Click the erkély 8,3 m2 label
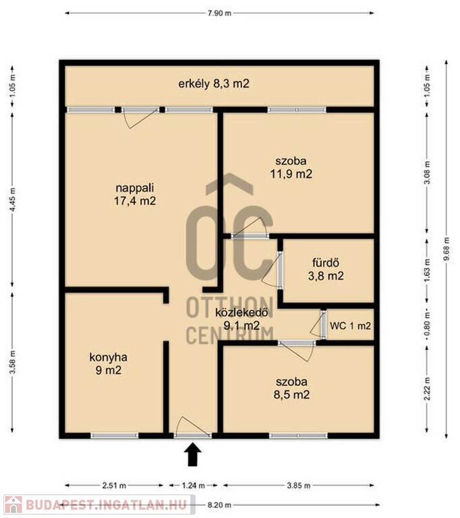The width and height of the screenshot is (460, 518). pyautogui.click(x=214, y=84)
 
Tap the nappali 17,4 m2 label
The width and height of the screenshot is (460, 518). pyautogui.click(x=135, y=194)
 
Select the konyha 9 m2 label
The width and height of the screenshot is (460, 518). pyautogui.click(x=109, y=364)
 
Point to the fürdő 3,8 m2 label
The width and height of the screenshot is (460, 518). pyautogui.click(x=326, y=269)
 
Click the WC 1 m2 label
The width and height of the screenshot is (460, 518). pyautogui.click(x=350, y=326)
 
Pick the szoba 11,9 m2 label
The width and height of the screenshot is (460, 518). pyautogui.click(x=291, y=167)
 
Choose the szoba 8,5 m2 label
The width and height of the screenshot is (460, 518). pyautogui.click(x=291, y=388)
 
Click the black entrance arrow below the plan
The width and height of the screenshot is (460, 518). pyautogui.click(x=193, y=455)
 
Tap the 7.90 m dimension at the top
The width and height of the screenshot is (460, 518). pyautogui.click(x=219, y=13)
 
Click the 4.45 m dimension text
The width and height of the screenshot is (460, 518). pyautogui.click(x=12, y=200)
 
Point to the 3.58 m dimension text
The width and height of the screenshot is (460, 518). pyautogui.click(x=12, y=362)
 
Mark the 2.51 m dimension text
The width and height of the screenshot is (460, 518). pyautogui.click(x=114, y=486)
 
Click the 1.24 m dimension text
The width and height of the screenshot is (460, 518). pyautogui.click(x=194, y=486)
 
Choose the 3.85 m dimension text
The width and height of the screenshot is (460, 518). pyautogui.click(x=298, y=486)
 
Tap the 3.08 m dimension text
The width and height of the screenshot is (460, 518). pyautogui.click(x=427, y=173)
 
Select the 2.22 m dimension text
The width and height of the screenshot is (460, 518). pyautogui.click(x=427, y=388)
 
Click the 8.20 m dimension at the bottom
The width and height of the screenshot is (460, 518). pyautogui.click(x=219, y=505)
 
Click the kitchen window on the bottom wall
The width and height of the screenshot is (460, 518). pyautogui.click(x=115, y=436)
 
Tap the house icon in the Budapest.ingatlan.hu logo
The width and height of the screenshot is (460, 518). pyautogui.click(x=13, y=505)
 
